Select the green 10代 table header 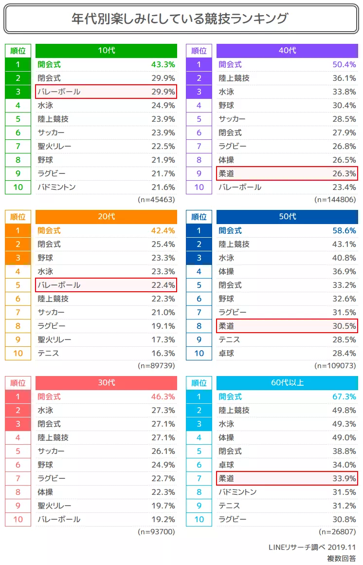[106, 51]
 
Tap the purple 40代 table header [287, 51]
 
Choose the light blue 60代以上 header [287, 383]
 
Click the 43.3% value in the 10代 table [163, 64]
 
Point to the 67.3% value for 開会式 [344, 396]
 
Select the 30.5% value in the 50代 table [344, 326]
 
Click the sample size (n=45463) [156, 200]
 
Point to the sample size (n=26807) [337, 532]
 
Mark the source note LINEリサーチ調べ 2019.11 [312, 547]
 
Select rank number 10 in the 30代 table [18, 519]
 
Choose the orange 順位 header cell [18, 217]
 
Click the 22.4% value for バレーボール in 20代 [163, 285]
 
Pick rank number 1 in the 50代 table [199, 230]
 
